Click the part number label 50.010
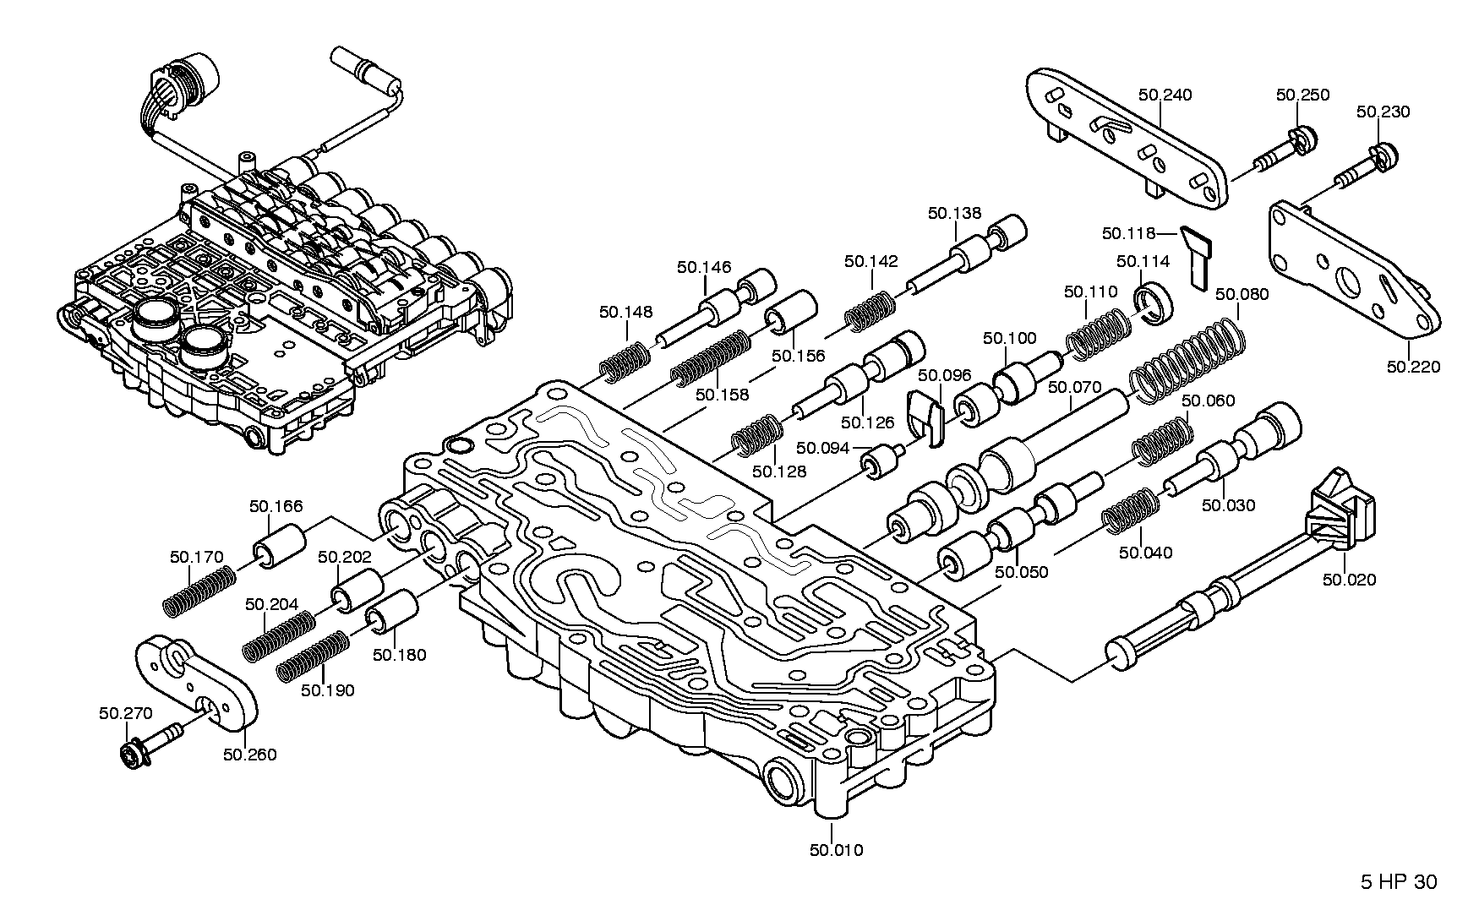pos(836,850)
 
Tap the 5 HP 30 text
pos(1398,883)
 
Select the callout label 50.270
pos(125,714)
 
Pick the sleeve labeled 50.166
pos(279,546)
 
